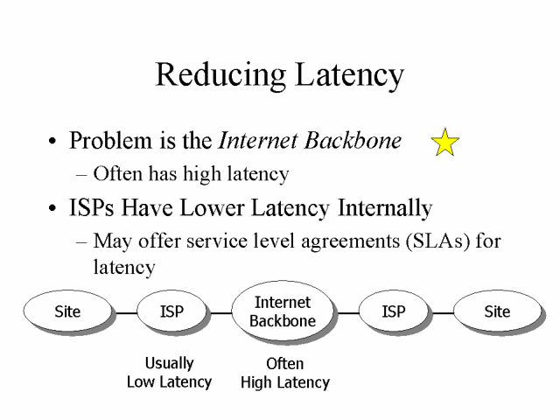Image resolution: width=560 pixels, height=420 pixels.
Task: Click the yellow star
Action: click(445, 142)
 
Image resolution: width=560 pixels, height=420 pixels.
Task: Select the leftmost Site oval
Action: click(67, 311)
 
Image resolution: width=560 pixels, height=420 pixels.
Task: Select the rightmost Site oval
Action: click(496, 311)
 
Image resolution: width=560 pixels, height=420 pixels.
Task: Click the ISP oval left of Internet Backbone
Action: click(172, 311)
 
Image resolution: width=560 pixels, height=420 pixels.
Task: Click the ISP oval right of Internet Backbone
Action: click(394, 311)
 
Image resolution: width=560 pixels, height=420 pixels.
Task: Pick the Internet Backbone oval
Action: click(283, 311)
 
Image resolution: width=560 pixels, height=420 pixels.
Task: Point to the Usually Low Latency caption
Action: click(170, 372)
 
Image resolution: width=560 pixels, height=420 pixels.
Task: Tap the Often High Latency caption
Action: click(284, 373)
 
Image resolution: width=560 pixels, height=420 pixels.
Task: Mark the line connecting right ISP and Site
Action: click(440, 312)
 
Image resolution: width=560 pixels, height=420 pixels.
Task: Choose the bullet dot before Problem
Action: click(55, 142)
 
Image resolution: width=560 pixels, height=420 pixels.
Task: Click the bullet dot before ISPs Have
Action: click(55, 210)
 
